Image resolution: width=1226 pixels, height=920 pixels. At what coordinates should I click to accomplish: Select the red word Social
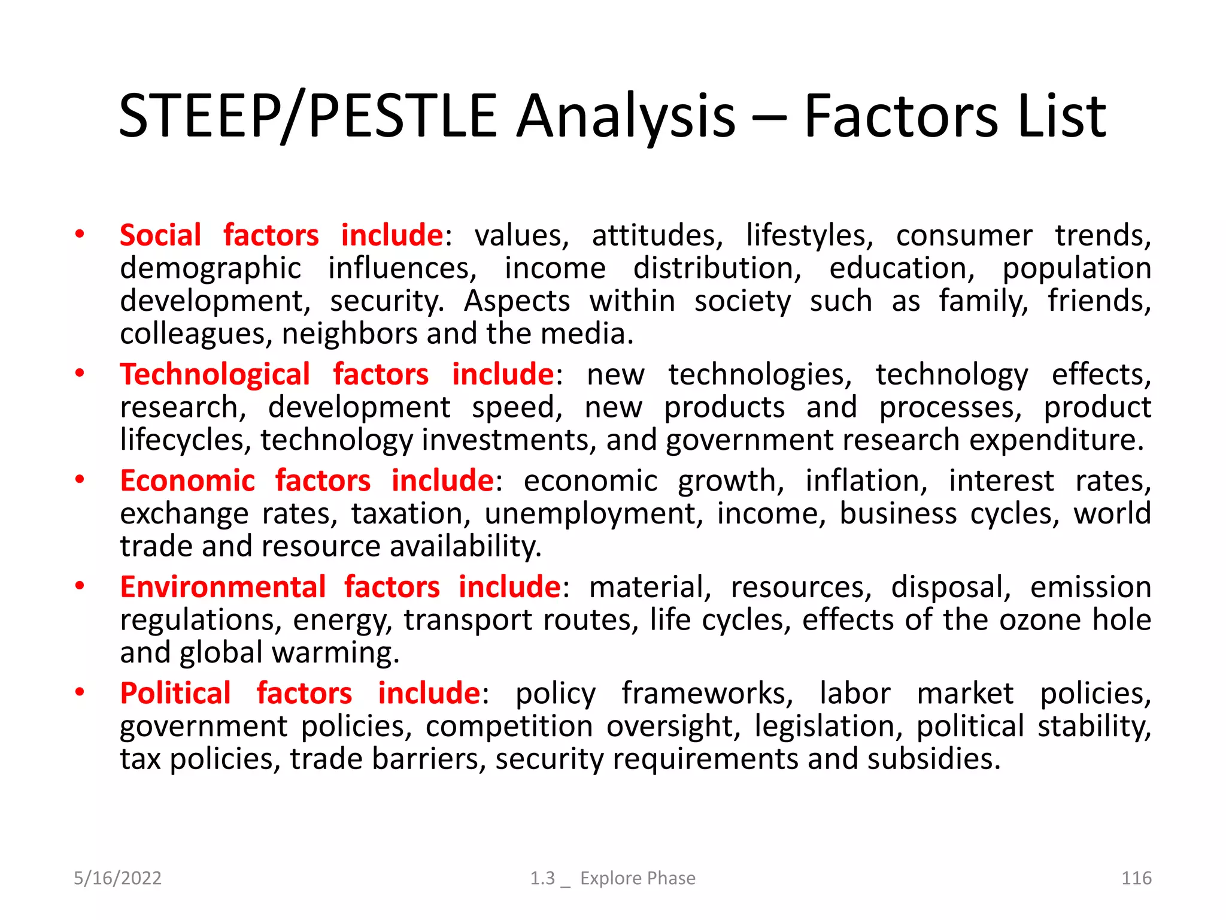(160, 235)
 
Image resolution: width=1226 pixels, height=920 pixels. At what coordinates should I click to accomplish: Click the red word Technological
(215, 374)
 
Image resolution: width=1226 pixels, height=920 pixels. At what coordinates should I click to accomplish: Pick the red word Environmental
(223, 587)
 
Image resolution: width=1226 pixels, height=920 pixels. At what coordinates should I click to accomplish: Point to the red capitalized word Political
(175, 693)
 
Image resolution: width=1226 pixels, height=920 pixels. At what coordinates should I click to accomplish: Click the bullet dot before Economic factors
(80, 480)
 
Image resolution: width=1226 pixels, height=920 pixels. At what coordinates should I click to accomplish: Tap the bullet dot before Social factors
(80, 235)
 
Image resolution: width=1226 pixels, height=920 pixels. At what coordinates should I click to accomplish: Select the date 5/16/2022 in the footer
(117, 878)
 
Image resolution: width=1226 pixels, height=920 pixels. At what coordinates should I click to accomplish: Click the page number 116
(1136, 878)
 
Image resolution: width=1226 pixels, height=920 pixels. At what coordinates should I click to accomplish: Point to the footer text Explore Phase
(638, 878)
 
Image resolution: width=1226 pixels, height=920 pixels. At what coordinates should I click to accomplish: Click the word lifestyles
(809, 235)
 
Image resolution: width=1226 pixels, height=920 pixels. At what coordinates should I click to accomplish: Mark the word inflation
(866, 481)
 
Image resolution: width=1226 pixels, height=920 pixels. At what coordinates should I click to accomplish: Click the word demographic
(210, 268)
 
